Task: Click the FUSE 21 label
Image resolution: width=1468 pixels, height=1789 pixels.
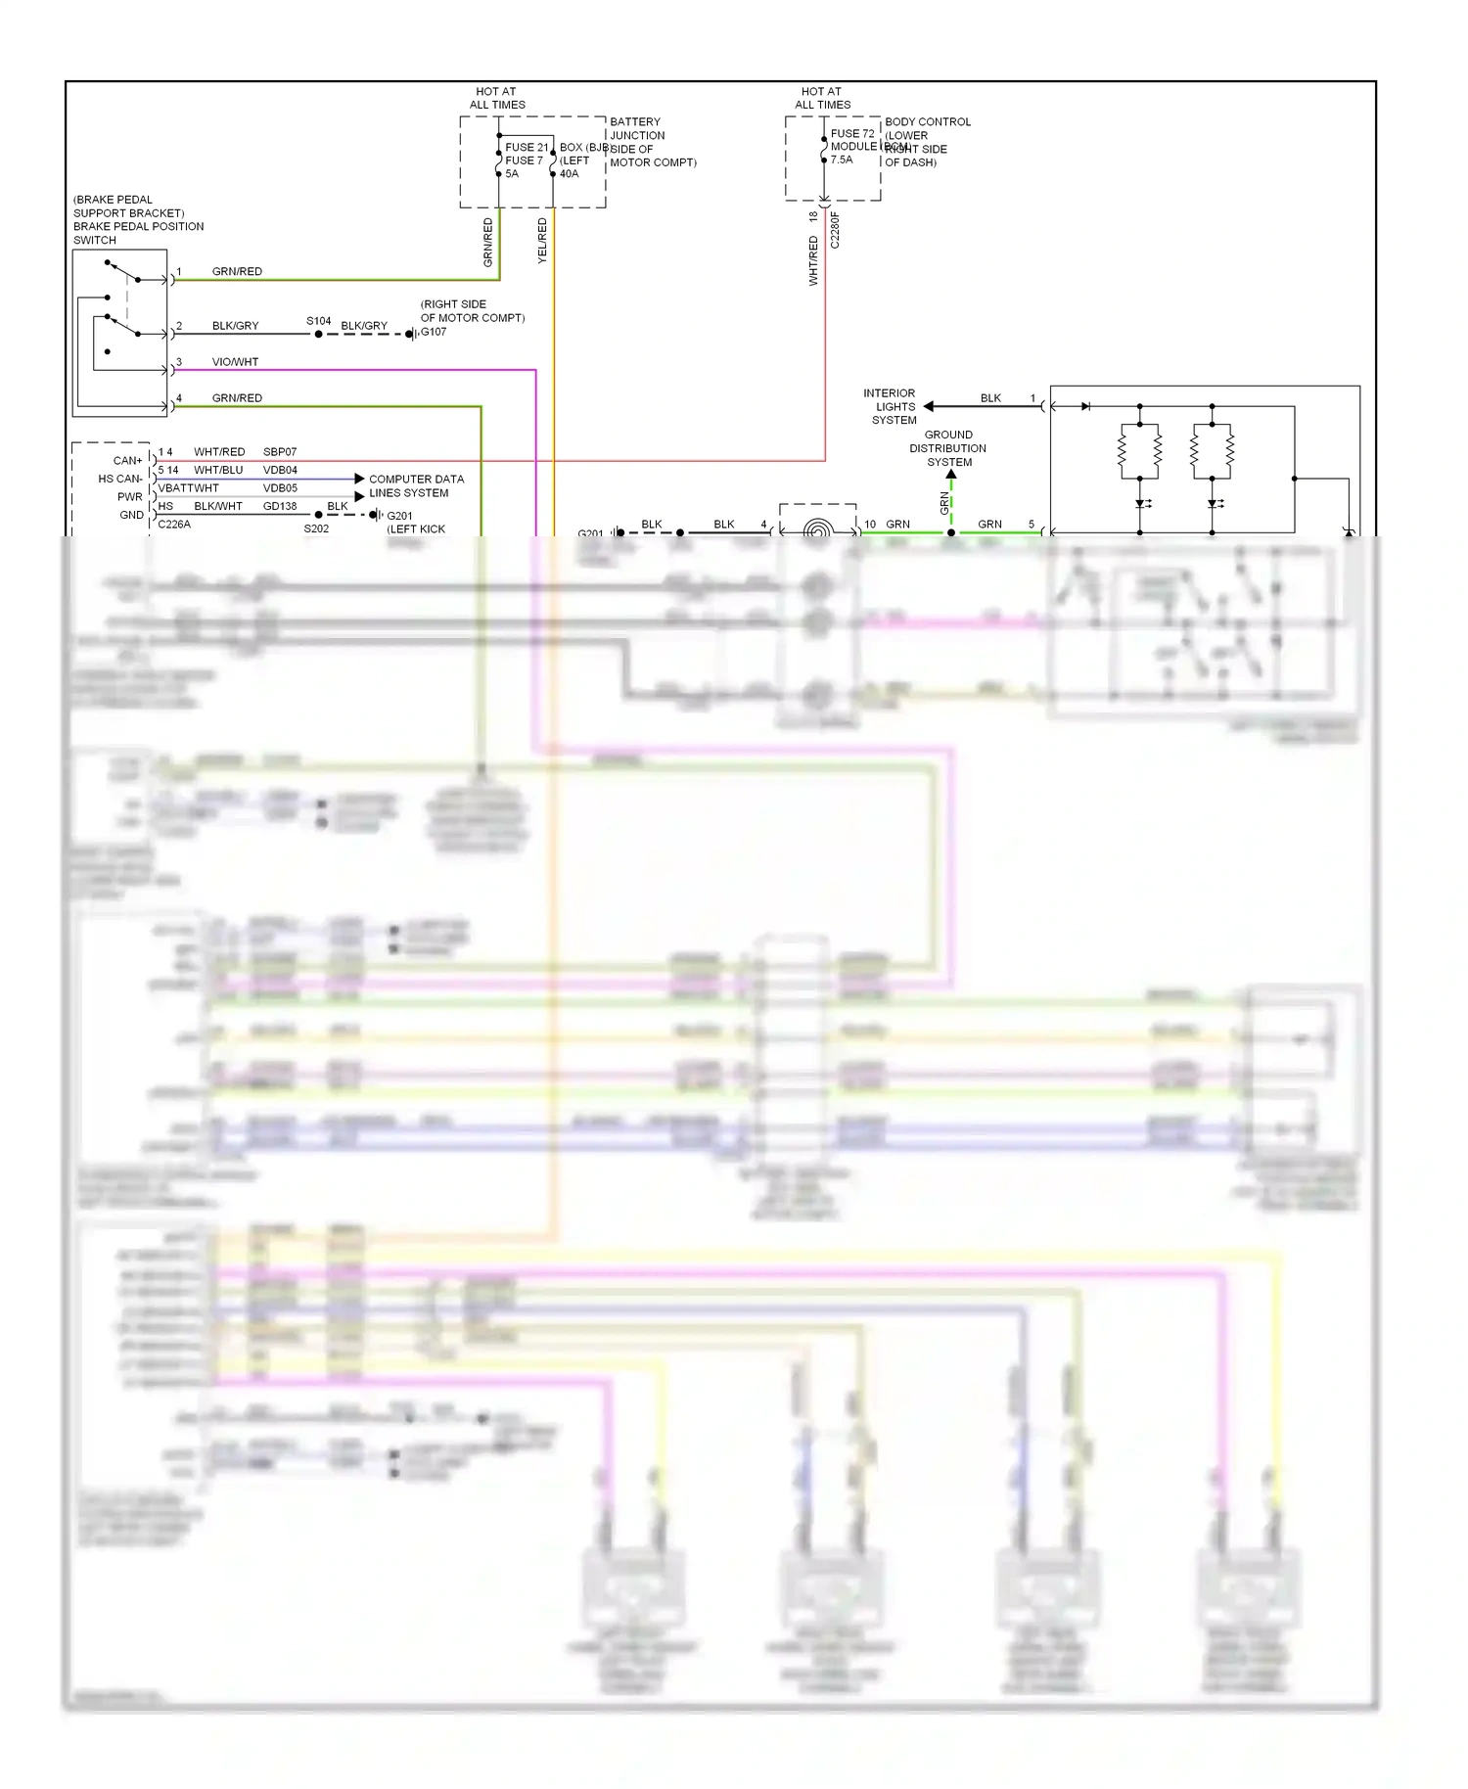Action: pyautogui.click(x=527, y=148)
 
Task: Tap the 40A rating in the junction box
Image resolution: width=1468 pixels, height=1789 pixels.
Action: pyautogui.click(x=569, y=174)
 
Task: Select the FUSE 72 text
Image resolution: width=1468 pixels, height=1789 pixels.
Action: pyautogui.click(x=851, y=134)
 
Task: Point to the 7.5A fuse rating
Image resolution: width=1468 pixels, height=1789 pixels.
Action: pyautogui.click(x=842, y=160)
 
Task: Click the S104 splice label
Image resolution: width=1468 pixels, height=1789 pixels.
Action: pyautogui.click(x=318, y=321)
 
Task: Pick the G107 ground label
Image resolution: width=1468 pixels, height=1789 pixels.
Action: pyautogui.click(x=434, y=332)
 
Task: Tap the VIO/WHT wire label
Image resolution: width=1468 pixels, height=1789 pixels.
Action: pyautogui.click(x=235, y=362)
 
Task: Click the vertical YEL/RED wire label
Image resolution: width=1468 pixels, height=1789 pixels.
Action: pyautogui.click(x=542, y=241)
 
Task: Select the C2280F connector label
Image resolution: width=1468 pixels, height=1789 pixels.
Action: pyautogui.click(x=835, y=231)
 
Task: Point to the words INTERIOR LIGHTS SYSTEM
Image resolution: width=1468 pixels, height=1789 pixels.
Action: pyautogui.click(x=891, y=406)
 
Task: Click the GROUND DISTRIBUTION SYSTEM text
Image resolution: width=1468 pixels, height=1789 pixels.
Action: pyautogui.click(x=948, y=448)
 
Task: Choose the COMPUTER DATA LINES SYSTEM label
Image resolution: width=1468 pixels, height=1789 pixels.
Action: pyautogui.click(x=416, y=485)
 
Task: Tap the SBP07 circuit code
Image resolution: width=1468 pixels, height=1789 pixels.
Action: pyautogui.click(x=280, y=452)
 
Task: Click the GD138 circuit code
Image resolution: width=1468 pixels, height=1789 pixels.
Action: pyautogui.click(x=280, y=506)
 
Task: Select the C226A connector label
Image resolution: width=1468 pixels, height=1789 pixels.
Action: pyautogui.click(x=174, y=525)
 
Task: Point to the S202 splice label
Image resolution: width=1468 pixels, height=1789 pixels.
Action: pyautogui.click(x=316, y=528)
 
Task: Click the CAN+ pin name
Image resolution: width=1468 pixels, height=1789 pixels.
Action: pyautogui.click(x=127, y=460)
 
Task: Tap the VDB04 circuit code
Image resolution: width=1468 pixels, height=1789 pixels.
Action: pyautogui.click(x=280, y=470)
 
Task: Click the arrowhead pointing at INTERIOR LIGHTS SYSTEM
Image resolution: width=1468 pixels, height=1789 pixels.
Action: pyautogui.click(x=929, y=406)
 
